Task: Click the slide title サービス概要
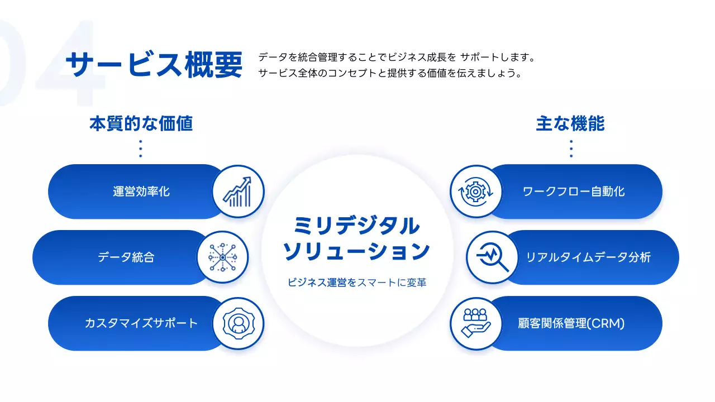pos(154,65)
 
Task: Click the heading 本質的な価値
pos(141,123)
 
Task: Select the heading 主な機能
pos(570,123)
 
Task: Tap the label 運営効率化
pos(141,192)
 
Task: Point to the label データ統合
pos(126,257)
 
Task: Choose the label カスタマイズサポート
pos(141,323)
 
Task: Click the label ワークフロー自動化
pos(574,192)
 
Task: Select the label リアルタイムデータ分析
pos(588,257)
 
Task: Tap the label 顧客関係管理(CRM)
pos(571,323)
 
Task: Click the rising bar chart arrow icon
pos(238,192)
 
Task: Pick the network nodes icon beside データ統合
pos(222,257)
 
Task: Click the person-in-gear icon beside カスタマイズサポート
pos(238,323)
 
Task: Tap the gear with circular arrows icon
pos(475,192)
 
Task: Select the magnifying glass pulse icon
pos(492,257)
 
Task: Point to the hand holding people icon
pos(475,323)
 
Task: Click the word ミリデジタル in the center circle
pos(357,227)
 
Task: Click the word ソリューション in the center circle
pos(357,252)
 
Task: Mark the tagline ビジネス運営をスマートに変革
pos(357,283)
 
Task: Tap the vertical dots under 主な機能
pos(571,149)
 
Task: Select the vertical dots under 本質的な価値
pos(140,149)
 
